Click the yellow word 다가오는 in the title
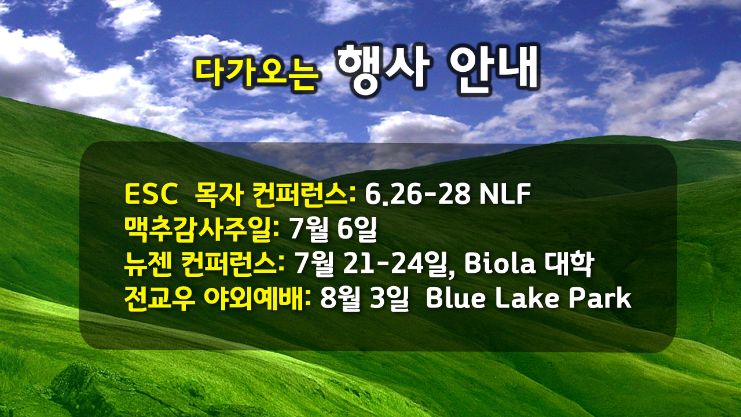(x=256, y=73)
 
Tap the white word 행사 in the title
(x=383, y=70)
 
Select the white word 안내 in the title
(x=494, y=69)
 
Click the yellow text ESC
(x=151, y=194)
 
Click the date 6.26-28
(x=418, y=194)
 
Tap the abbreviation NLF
(x=505, y=194)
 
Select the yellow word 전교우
(x=160, y=298)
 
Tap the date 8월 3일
(x=365, y=298)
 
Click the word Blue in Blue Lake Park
(x=456, y=298)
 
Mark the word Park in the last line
(x=600, y=298)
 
